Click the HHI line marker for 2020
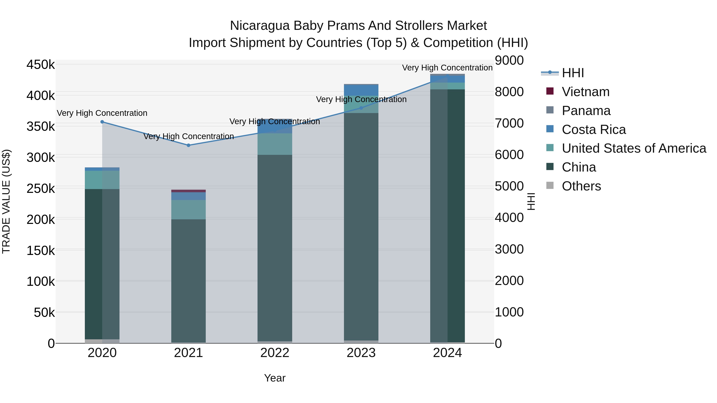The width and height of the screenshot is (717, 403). [x=102, y=122]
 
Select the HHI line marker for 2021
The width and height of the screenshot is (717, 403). [x=188, y=145]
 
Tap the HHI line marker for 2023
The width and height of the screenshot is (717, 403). [x=361, y=108]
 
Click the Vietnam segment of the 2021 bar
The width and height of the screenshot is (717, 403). [x=188, y=191]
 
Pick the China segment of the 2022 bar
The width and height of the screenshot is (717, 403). [x=275, y=248]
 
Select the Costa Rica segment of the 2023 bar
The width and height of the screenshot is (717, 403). [x=361, y=90]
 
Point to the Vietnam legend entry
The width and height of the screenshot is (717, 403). [x=585, y=92]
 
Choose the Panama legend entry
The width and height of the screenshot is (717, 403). [x=586, y=111]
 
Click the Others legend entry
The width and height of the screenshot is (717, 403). [x=581, y=186]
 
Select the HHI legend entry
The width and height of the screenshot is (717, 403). [x=573, y=73]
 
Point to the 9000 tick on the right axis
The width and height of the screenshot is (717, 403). [x=509, y=60]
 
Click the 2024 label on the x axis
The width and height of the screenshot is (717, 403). [x=447, y=353]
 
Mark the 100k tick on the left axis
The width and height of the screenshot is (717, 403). [x=41, y=281]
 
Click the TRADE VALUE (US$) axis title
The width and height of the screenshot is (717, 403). [x=6, y=201]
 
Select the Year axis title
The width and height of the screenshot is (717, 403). [x=275, y=378]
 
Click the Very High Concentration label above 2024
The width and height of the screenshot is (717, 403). [x=447, y=68]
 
